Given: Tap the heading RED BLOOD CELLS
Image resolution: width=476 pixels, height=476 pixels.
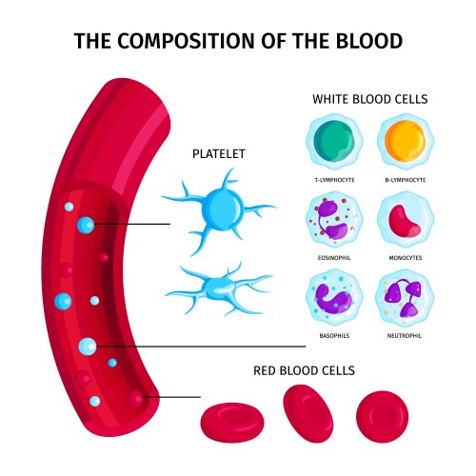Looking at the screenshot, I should (x=304, y=369).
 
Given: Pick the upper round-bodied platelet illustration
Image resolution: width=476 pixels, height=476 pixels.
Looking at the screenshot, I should (x=220, y=207).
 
